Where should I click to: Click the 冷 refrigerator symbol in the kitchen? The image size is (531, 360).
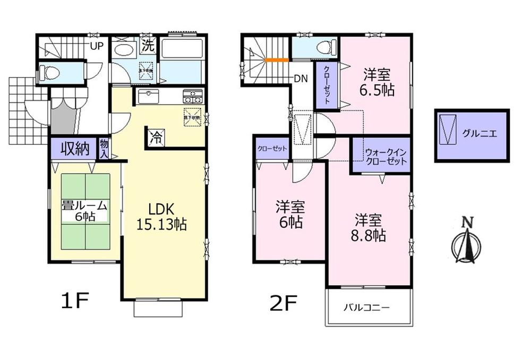(156, 136)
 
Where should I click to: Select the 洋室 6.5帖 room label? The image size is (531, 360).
(378, 82)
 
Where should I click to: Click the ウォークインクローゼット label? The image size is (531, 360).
(386, 157)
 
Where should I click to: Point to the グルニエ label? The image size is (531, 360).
(483, 134)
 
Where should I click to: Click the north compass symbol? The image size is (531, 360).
(466, 244)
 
